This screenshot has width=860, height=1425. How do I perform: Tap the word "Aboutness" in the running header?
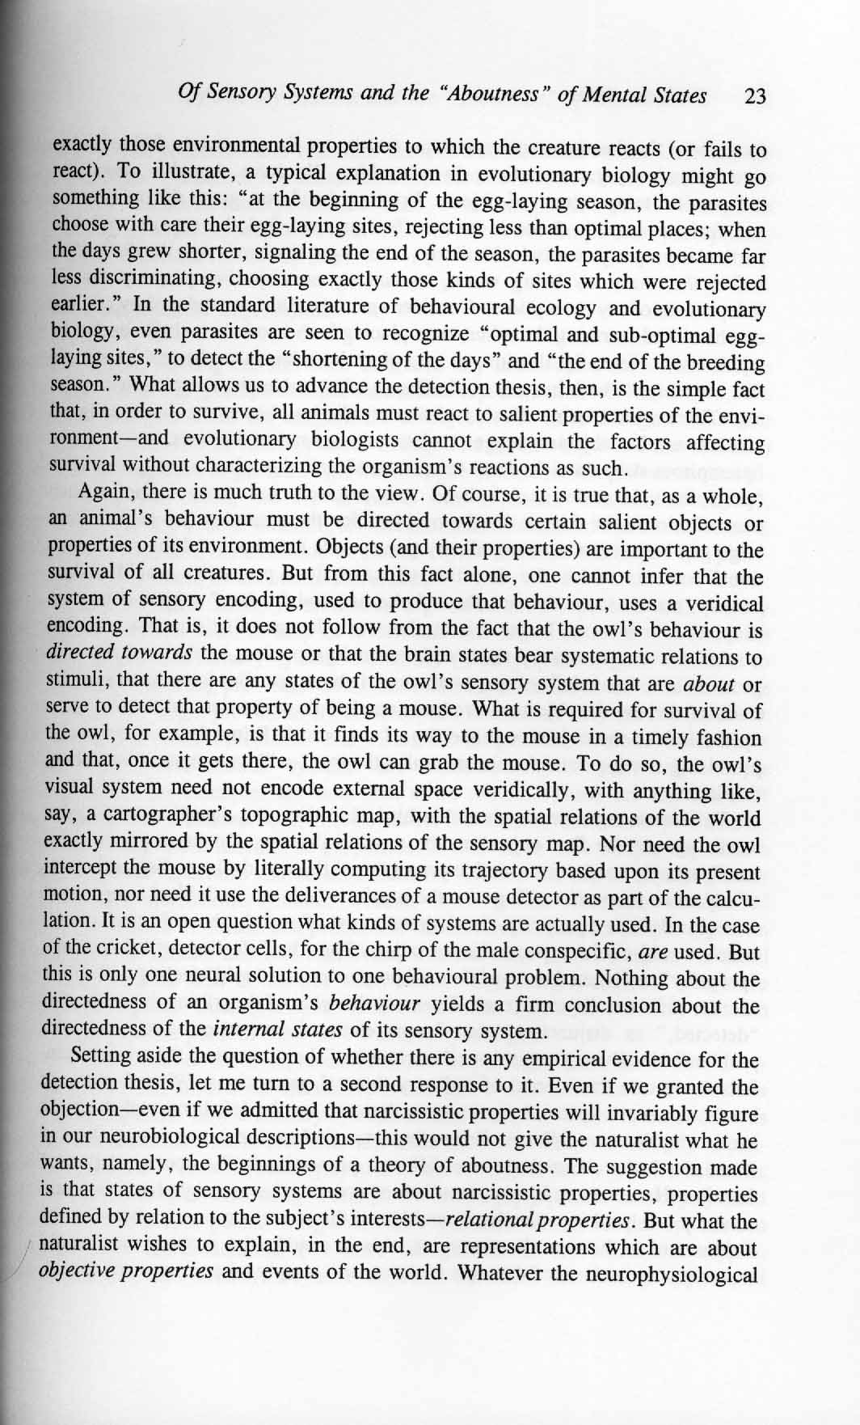[x=488, y=95]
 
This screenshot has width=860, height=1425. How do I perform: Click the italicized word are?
[x=651, y=952]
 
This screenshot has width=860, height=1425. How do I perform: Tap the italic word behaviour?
[x=375, y=1005]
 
